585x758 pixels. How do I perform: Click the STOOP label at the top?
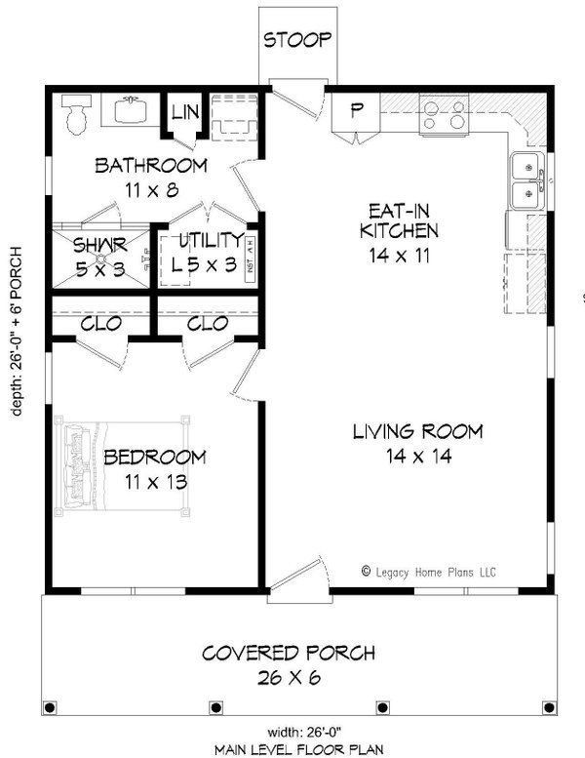298,40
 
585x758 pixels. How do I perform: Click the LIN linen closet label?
185,112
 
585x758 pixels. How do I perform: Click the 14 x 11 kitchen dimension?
400,256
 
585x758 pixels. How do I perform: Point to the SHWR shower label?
97,247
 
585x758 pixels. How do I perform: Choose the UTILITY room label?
210,240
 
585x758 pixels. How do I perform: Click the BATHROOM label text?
150,165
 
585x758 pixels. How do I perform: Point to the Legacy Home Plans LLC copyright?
429,573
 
